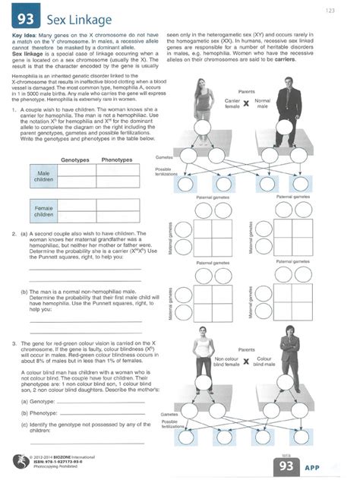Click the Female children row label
coord(43,210)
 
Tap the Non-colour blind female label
coord(226,362)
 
